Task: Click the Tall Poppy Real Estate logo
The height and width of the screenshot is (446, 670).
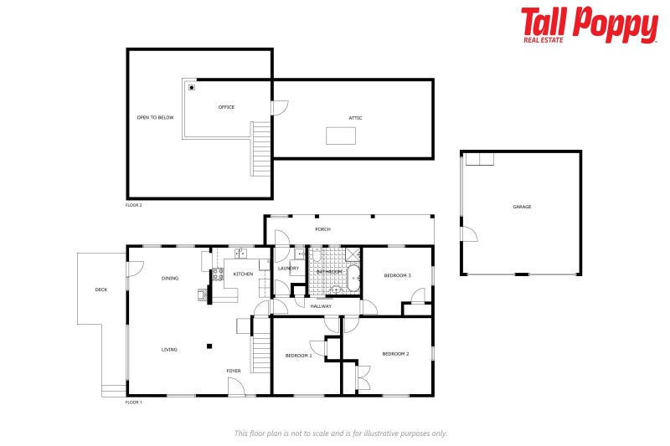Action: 589,25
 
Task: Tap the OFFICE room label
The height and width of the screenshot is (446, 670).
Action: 226,107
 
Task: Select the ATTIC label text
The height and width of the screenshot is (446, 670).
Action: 356,118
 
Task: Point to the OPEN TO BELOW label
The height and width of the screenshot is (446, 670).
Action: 156,118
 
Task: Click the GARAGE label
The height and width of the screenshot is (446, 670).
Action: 522,207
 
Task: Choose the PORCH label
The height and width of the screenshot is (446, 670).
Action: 322,229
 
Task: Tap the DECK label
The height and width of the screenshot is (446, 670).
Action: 100,290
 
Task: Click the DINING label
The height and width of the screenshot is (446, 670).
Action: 170,278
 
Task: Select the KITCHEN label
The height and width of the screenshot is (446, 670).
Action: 243,274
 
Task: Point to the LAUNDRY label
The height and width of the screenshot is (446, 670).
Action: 288,269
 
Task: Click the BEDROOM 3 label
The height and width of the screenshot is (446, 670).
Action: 397,275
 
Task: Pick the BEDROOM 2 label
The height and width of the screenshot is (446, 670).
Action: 395,354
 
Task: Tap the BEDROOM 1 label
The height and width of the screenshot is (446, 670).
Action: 298,356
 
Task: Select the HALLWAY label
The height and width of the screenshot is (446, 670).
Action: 321,306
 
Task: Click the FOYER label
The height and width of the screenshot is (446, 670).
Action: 234,371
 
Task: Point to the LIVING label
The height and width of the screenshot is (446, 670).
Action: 169,349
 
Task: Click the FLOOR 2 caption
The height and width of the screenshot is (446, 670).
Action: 134,205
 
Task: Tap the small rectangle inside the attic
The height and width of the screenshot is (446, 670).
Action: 342,135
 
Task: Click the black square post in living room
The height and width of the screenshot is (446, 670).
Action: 209,346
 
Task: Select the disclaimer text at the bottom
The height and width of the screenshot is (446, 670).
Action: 340,433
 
